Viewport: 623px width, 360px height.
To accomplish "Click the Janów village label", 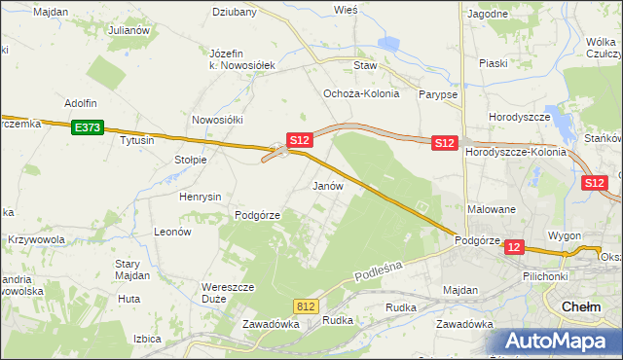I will pyautogui.click(x=327, y=185).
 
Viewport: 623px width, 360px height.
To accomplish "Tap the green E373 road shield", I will pyautogui.click(x=87, y=126).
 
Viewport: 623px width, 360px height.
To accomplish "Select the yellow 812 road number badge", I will pyautogui.click(x=306, y=306).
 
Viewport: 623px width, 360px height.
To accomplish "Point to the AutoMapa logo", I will pyautogui.click(x=554, y=342).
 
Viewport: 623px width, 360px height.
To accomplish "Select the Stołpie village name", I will pyautogui.click(x=191, y=160).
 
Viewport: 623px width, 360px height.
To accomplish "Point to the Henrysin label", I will pyautogui.click(x=202, y=197).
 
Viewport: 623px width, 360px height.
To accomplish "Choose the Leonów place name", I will pyautogui.click(x=171, y=233).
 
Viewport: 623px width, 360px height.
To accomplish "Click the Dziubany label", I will pyautogui.click(x=235, y=13).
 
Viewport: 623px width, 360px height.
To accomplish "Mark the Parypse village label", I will pyautogui.click(x=438, y=94).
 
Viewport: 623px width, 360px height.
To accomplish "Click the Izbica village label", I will pyautogui.click(x=146, y=339).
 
